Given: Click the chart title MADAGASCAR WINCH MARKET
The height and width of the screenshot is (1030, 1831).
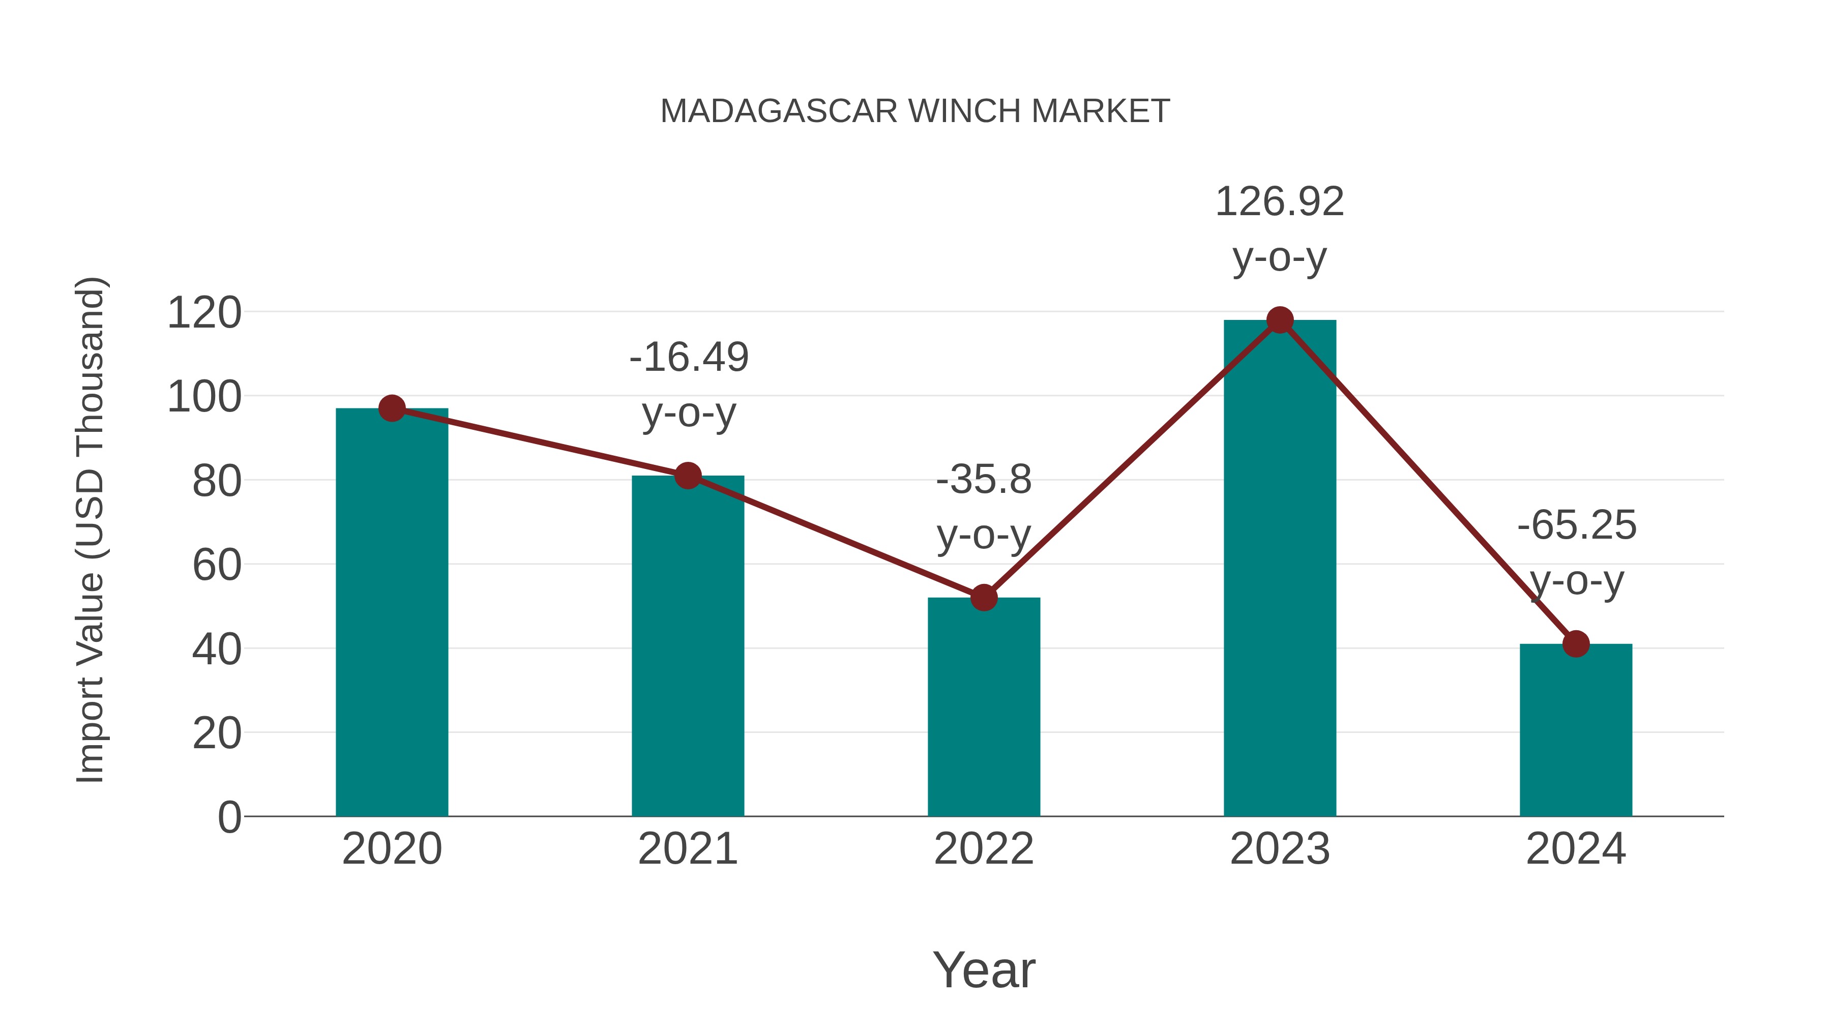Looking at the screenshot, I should (915, 111).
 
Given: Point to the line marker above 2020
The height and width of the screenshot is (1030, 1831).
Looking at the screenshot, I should (392, 409).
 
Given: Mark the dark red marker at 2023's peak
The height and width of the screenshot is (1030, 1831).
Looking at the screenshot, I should (1280, 320).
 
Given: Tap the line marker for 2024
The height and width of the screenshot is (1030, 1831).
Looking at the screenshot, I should (1576, 644).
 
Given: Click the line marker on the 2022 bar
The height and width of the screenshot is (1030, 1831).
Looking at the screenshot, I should (984, 598).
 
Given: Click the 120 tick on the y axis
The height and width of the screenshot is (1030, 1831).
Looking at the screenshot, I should (204, 313).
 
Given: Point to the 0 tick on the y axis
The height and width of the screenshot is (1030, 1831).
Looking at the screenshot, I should (229, 817).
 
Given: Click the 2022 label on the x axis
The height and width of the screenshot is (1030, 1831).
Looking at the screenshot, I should (984, 849).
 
